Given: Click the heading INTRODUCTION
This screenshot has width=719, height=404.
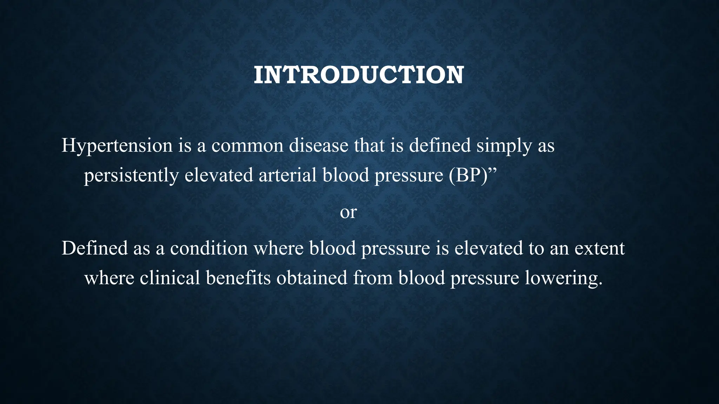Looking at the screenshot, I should [359, 75].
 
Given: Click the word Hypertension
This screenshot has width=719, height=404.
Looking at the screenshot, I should [117, 146].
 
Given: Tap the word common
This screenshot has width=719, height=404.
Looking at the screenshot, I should [247, 146].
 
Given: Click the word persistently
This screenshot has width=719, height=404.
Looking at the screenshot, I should [131, 176].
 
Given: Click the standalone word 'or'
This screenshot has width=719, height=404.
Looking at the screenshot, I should [348, 212].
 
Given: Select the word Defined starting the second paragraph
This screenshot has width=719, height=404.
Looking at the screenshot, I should [94, 248].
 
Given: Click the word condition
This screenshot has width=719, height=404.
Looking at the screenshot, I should [209, 248].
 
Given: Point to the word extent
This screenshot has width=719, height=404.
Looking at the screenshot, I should [600, 248].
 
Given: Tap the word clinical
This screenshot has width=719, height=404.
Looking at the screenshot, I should [170, 278].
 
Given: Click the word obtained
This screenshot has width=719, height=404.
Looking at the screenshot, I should [312, 278].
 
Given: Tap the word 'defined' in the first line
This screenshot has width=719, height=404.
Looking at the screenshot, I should [440, 146].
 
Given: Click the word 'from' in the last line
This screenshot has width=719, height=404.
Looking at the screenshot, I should [372, 278].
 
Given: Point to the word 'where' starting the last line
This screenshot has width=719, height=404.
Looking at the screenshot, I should [109, 278].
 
